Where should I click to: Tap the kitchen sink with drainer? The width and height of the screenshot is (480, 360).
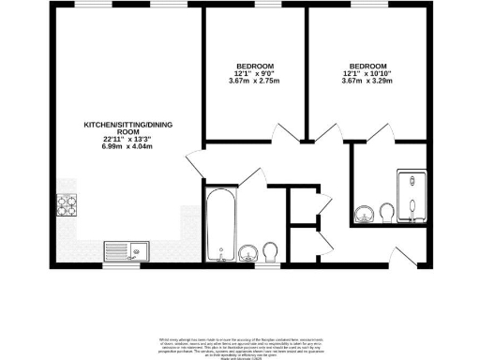click(123, 250)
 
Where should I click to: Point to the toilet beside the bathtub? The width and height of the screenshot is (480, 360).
click(272, 251)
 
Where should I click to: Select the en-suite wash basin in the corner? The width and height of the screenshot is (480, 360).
click(364, 217)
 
